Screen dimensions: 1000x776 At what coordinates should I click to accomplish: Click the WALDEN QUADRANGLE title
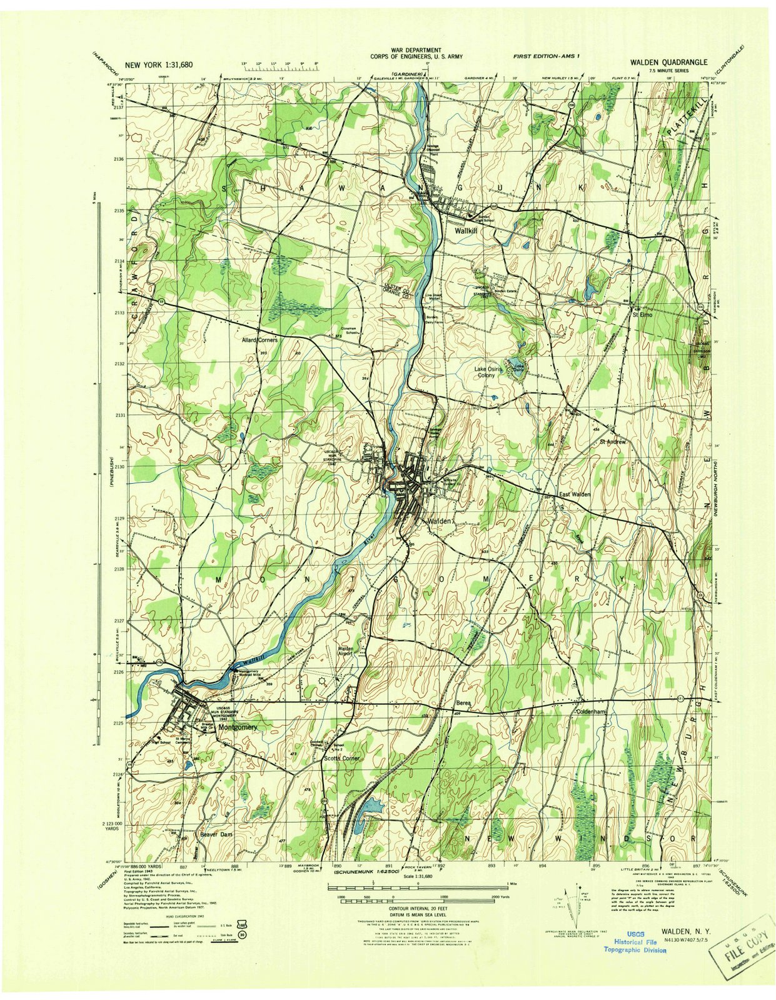click(x=668, y=62)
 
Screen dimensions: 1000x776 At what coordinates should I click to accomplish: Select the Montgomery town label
click(x=238, y=727)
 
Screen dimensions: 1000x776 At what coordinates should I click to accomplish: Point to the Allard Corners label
click(x=260, y=339)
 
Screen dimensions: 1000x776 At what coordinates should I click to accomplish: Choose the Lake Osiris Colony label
click(x=488, y=372)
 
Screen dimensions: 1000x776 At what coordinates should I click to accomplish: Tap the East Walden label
click(x=574, y=494)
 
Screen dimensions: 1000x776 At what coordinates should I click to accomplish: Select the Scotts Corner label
click(x=342, y=758)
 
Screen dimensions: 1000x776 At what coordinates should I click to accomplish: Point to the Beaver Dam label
click(x=216, y=834)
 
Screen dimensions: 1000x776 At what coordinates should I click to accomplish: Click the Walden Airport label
click(x=346, y=651)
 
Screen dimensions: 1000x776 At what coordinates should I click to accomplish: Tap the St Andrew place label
click(x=613, y=441)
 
